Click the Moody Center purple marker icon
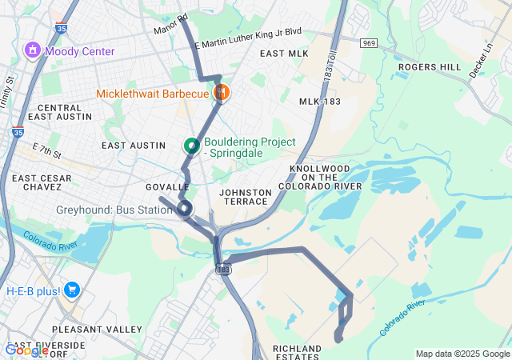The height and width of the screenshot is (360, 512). [34, 51]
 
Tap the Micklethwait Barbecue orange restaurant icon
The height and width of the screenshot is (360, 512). [222, 94]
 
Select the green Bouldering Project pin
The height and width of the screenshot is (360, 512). [191, 146]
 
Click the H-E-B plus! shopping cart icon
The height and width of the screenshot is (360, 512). [72, 290]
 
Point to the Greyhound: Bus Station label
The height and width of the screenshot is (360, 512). [114, 210]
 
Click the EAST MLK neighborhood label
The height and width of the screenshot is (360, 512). [284, 54]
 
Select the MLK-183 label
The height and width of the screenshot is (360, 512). [321, 102]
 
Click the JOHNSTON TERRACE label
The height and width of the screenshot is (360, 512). [244, 197]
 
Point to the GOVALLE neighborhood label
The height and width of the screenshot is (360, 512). [167, 186]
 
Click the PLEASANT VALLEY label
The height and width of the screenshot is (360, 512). [86, 330]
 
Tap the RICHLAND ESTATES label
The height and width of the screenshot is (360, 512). [297, 353]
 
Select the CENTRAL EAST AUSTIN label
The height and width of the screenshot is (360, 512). [59, 112]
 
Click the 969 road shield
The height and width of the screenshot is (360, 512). [369, 42]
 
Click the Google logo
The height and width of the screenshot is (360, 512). [26, 350]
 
